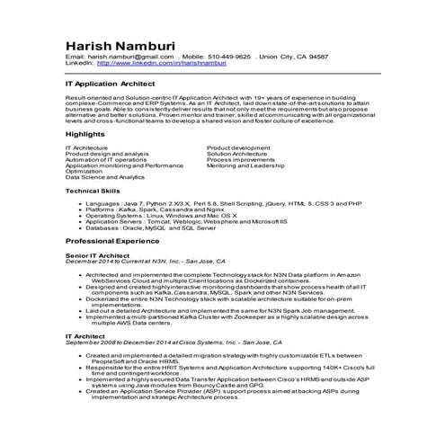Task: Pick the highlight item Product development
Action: pyautogui.click(x=238, y=147)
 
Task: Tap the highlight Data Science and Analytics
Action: pyautogui.click(x=105, y=177)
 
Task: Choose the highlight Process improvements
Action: pyautogui.click(x=242, y=159)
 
